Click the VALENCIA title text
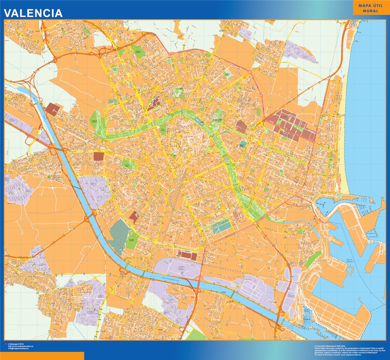tap(34, 13)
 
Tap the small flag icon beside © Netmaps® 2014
tap(5, 343)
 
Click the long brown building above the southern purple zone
tap(187, 255)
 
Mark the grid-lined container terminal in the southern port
tap(337, 312)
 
